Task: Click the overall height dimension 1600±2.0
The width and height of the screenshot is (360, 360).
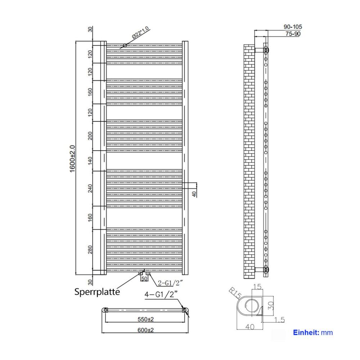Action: tap(73, 159)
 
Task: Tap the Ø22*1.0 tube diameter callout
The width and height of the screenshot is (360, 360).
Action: tap(141, 33)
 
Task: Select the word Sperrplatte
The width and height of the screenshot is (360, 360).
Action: tap(97, 292)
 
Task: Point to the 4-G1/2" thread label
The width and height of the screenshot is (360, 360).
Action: tap(161, 294)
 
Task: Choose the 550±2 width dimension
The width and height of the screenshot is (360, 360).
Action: tap(145, 319)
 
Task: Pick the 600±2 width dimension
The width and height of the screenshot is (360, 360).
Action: tap(145, 330)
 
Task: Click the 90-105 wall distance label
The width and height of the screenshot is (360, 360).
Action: tap(293, 27)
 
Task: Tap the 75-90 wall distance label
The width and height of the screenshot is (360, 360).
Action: tap(293, 34)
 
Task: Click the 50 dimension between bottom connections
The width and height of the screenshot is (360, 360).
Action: tap(144, 279)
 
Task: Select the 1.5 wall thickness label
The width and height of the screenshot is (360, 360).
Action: tap(279, 320)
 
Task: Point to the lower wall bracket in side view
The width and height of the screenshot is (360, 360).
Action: tap(261, 270)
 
